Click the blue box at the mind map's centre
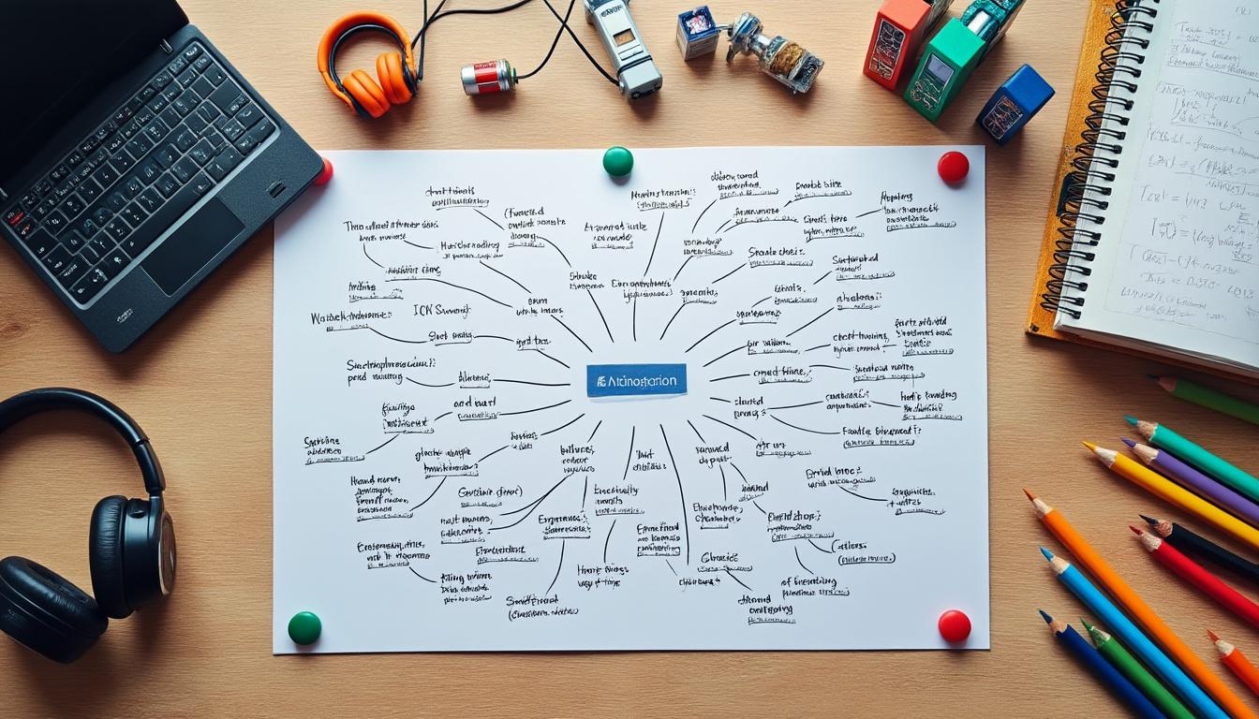click(x=636, y=380)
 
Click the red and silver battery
click(x=488, y=77)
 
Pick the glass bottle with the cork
click(x=776, y=52)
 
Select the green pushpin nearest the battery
click(x=617, y=161)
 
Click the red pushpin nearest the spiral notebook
click(x=953, y=167)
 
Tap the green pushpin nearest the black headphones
click(x=304, y=627)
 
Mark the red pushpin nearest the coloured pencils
click(x=954, y=625)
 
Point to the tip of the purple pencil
click(x=1128, y=443)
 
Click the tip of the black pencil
click(x=1145, y=519)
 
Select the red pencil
click(x=1199, y=575)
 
